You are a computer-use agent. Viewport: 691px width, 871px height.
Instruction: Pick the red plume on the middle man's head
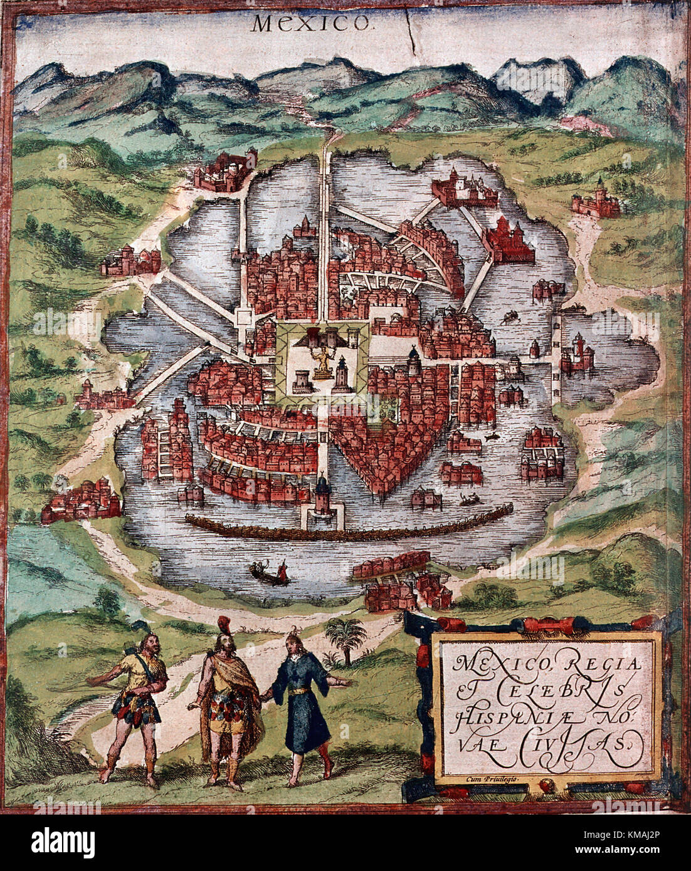point(223,624)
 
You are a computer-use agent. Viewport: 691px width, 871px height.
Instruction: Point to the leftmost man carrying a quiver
point(135,696)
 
